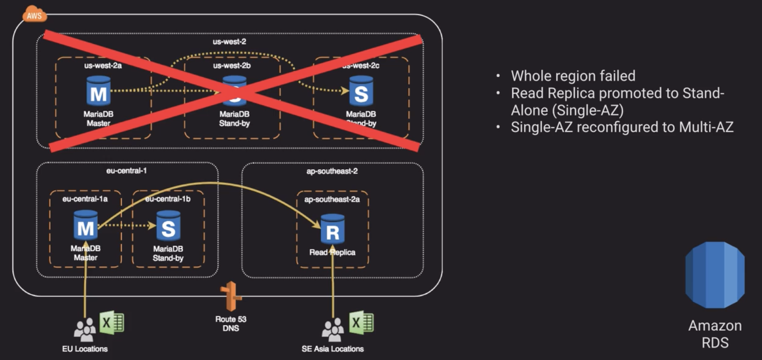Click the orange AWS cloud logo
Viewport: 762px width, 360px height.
[34, 14]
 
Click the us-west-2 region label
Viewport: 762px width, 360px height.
[229, 42]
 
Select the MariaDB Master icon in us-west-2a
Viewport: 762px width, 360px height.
[98, 91]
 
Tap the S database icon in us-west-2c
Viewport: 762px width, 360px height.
[361, 91]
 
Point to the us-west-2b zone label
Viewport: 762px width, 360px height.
[232, 66]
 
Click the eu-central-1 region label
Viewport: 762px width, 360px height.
[126, 171]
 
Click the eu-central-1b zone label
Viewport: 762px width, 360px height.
[168, 199]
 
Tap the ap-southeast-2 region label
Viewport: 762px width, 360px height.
[332, 171]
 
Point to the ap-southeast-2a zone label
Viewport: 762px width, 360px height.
[332, 200]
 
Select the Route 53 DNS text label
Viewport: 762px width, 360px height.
[230, 323]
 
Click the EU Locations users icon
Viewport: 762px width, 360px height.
[84, 329]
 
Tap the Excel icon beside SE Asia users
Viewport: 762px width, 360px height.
[361, 323]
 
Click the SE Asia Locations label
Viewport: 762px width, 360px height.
[333, 349]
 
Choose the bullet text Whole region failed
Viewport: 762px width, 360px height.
[573, 76]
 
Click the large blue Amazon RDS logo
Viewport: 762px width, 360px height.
[715, 275]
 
